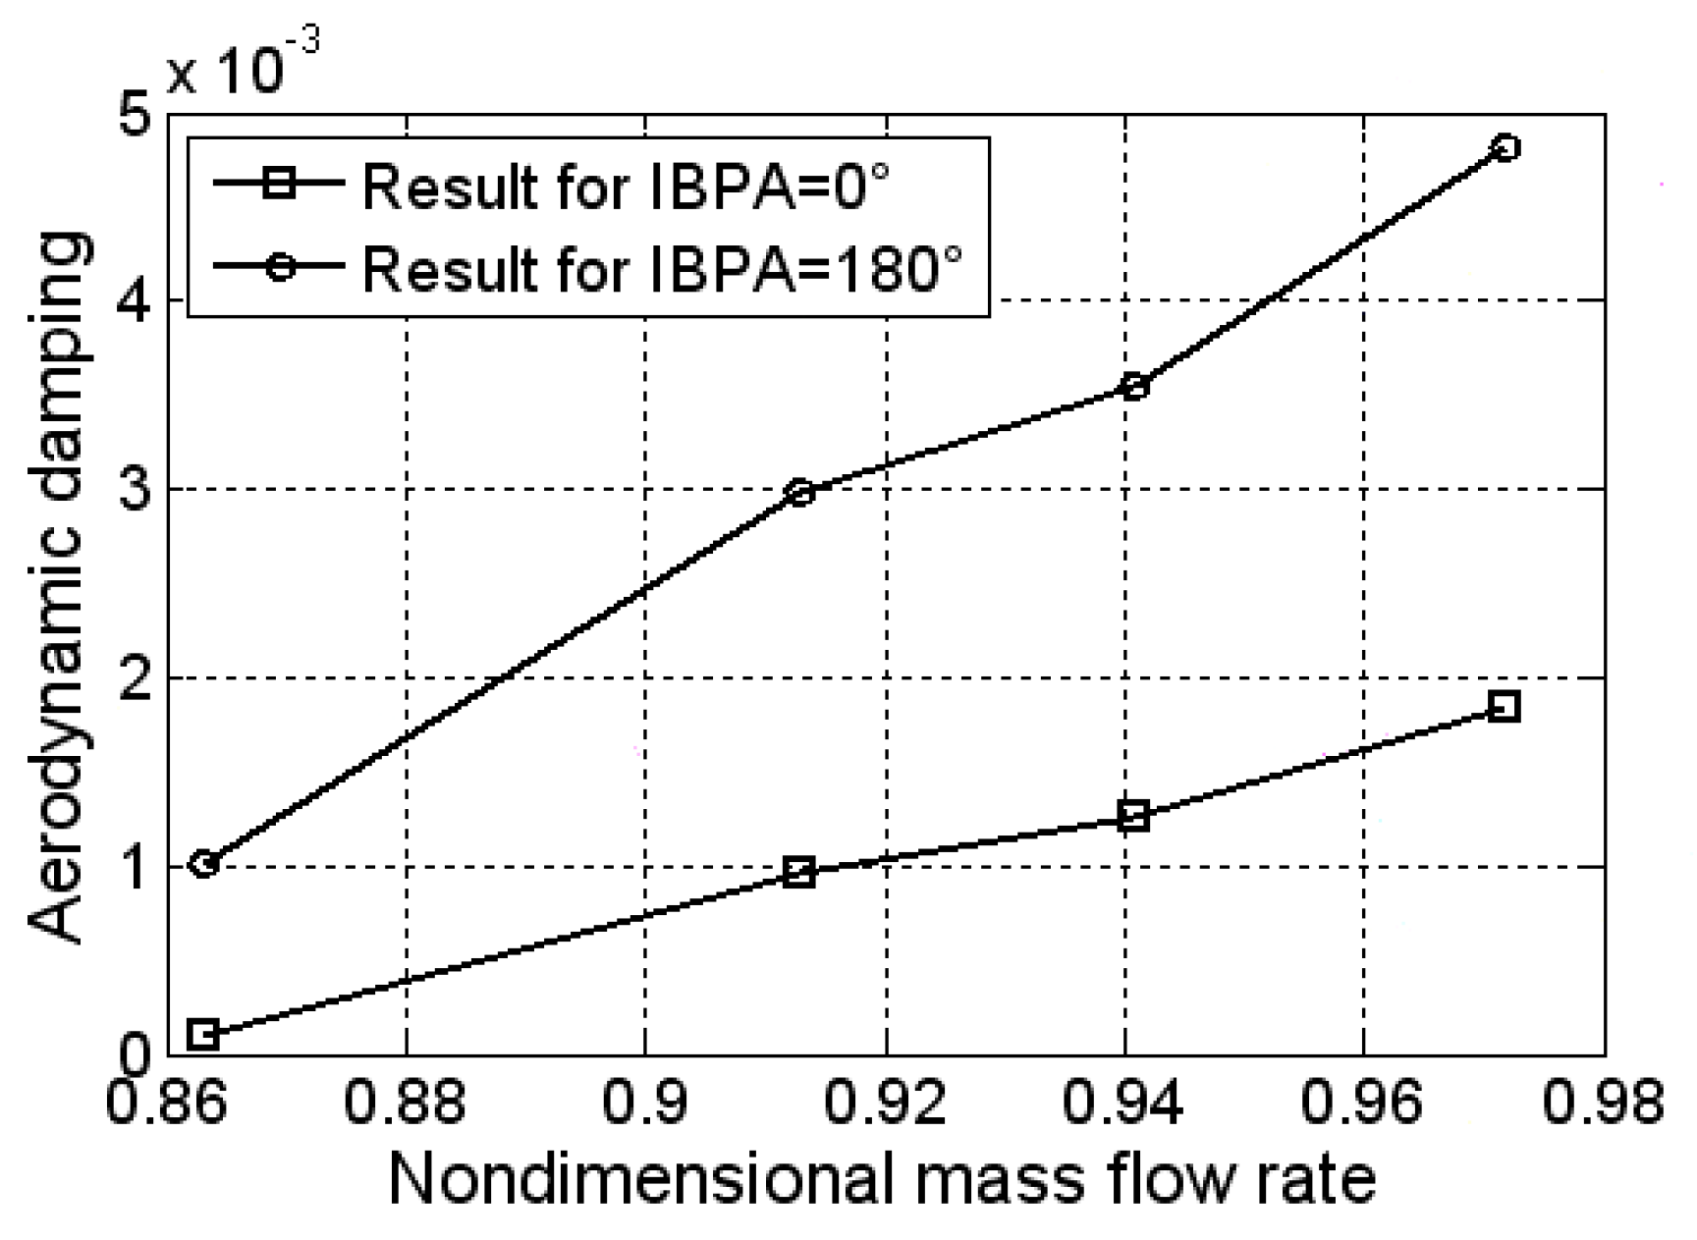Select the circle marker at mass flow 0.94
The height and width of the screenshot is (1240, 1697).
pyautogui.click(x=1134, y=387)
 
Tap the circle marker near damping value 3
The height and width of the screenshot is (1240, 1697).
pyautogui.click(x=801, y=492)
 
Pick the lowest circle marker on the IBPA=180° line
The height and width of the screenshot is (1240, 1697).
pyautogui.click(x=203, y=864)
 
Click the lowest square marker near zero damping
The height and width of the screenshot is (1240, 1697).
pyautogui.click(x=203, y=1034)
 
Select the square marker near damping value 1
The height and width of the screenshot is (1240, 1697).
pyautogui.click(x=801, y=872)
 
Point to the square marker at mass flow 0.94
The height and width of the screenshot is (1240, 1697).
pyautogui.click(x=1134, y=816)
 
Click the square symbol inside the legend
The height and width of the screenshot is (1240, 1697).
pyautogui.click(x=280, y=184)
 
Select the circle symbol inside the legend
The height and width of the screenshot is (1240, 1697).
pyautogui.click(x=280, y=266)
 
